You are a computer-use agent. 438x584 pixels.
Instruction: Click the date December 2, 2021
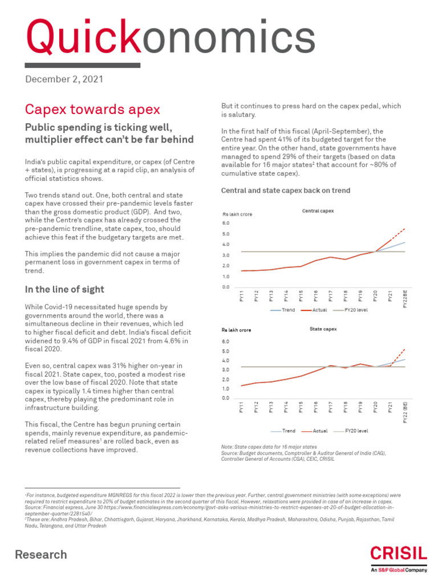[64, 79]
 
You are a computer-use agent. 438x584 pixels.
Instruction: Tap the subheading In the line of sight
[64, 289]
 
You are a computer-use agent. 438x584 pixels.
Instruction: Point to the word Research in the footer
[40, 554]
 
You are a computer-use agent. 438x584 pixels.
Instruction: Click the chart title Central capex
[318, 211]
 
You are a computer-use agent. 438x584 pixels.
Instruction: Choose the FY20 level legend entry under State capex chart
[355, 431]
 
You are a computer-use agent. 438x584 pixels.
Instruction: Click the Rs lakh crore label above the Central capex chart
[237, 214]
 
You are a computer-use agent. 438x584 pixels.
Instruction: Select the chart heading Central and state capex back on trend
[285, 190]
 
